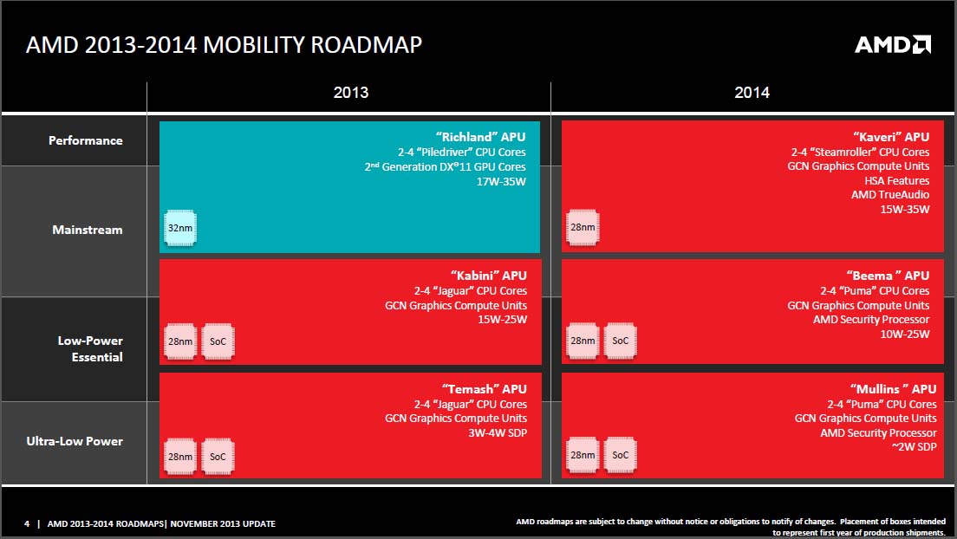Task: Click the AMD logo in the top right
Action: tap(893, 44)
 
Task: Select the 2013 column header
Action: tap(350, 93)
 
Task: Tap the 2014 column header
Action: tap(752, 93)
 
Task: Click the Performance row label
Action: tap(86, 140)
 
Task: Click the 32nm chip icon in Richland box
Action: tap(180, 228)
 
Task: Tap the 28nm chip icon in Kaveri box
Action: tap(583, 228)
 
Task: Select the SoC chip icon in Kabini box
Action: tap(218, 341)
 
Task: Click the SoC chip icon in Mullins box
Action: tap(620, 454)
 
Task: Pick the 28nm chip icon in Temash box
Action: tap(180, 454)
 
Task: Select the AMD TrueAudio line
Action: tap(889, 195)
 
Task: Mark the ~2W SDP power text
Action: tap(914, 447)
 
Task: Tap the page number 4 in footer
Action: tap(27, 523)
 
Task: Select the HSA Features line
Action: tap(896, 180)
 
